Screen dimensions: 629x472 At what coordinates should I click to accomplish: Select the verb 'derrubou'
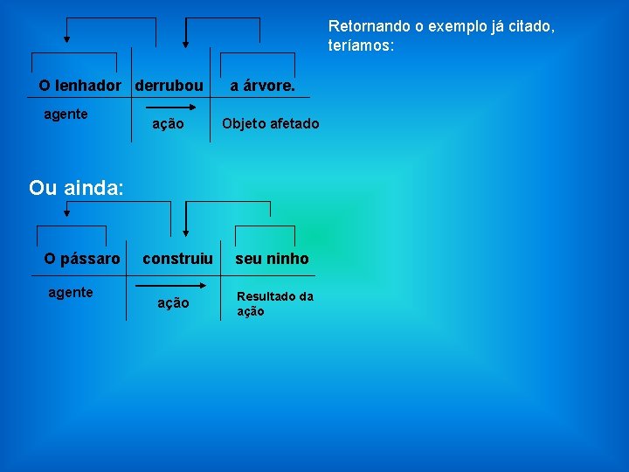tap(169, 87)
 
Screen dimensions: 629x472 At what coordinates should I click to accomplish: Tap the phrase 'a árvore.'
tap(262, 87)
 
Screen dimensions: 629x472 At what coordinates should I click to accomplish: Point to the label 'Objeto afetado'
tap(270, 124)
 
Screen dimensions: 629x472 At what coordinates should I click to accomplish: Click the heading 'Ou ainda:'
tap(77, 187)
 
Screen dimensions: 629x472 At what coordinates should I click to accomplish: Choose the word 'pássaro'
tap(90, 259)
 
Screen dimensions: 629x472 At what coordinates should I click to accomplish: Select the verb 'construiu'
tap(177, 259)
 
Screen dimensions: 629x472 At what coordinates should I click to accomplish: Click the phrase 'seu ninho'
tap(272, 259)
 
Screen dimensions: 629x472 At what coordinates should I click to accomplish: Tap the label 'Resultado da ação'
tap(274, 303)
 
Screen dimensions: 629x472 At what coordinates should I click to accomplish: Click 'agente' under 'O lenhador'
tap(66, 115)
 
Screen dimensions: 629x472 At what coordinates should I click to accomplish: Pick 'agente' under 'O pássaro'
tap(70, 293)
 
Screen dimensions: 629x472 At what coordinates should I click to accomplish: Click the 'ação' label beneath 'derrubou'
tap(168, 124)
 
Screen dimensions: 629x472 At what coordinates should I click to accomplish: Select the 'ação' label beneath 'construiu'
tap(172, 303)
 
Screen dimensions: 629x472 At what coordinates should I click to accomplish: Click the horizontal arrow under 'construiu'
tap(171, 285)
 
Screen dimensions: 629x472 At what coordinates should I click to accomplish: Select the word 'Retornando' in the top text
tap(363, 26)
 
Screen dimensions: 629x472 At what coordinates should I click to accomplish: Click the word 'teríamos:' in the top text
tap(362, 45)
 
